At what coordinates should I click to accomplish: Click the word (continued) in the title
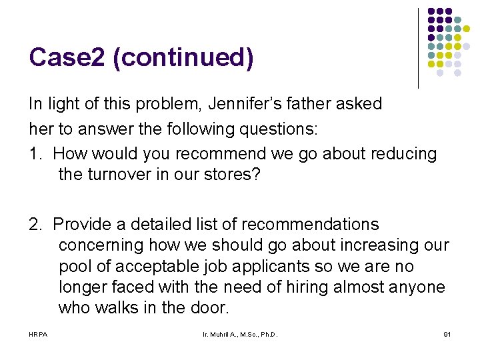(x=183, y=58)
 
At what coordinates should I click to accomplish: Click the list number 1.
(x=35, y=154)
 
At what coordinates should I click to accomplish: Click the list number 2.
(x=35, y=224)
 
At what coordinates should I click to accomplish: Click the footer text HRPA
(x=38, y=333)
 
